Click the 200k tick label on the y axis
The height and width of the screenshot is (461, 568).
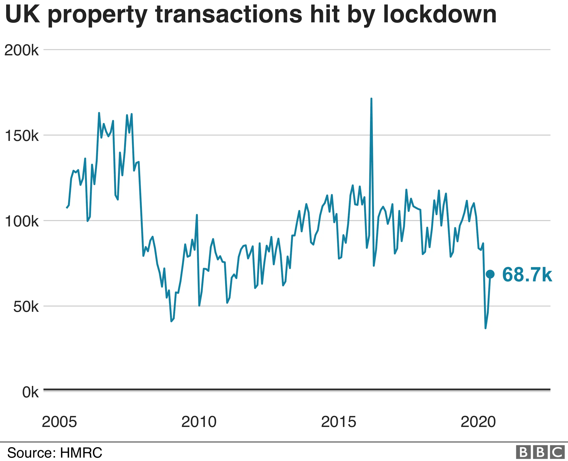pyautogui.click(x=22, y=50)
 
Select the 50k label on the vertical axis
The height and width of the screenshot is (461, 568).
pyautogui.click(x=26, y=307)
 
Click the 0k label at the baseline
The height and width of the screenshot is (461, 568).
pyautogui.click(x=30, y=392)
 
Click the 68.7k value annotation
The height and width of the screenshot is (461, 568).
pyautogui.click(x=527, y=275)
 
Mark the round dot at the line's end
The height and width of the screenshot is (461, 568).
pyautogui.click(x=490, y=274)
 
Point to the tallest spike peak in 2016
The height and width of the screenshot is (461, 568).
pyautogui.click(x=371, y=99)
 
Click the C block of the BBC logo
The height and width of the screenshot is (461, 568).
pyautogui.click(x=557, y=452)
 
